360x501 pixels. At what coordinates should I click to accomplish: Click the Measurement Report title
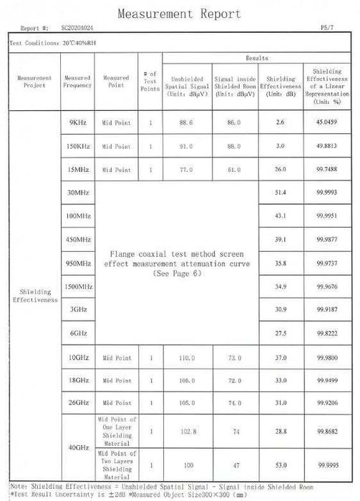click(x=179, y=14)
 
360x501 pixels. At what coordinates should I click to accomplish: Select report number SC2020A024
click(x=76, y=29)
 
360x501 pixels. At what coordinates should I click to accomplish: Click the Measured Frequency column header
click(x=77, y=82)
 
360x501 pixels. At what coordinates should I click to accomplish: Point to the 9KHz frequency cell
click(x=78, y=123)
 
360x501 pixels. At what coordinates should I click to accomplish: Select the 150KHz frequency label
click(x=78, y=146)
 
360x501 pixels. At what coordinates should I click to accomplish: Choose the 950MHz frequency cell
click(x=78, y=263)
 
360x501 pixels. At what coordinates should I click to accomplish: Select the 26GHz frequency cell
click(x=78, y=402)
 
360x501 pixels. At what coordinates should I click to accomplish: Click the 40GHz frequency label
click(x=78, y=447)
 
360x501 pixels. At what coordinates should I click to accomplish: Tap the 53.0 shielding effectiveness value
click(x=280, y=464)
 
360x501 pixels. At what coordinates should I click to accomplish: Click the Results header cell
click(x=257, y=57)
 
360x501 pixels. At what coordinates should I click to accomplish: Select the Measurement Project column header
click(x=34, y=82)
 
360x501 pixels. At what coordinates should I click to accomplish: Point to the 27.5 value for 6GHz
click(x=280, y=334)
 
